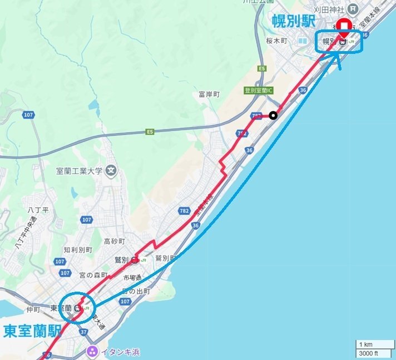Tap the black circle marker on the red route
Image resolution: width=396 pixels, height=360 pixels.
[273, 116]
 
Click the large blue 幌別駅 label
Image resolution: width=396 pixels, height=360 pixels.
[294, 21]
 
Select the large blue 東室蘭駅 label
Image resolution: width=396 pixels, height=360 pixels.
[32, 331]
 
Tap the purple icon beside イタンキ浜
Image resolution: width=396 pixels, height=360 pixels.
[91, 351]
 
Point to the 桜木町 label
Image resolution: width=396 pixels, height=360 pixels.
[277, 42]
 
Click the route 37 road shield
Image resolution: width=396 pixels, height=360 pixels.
[84, 332]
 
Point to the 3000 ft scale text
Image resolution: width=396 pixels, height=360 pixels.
[368, 353]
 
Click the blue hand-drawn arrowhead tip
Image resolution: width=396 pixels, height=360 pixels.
[339, 54]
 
